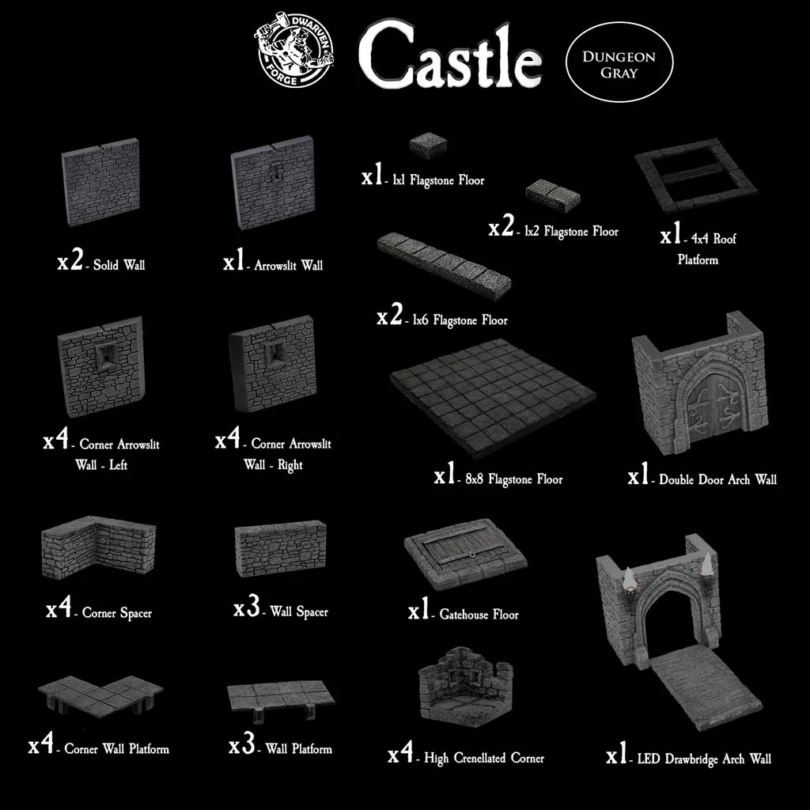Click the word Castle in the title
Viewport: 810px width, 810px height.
[450, 56]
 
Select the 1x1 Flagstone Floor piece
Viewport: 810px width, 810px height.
[428, 145]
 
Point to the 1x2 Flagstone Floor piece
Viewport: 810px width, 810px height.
[553, 194]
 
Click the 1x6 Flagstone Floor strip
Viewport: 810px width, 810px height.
[443, 264]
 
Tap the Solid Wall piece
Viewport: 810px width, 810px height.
[100, 182]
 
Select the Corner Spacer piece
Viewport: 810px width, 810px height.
[99, 547]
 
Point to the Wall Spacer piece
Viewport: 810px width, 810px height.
[281, 547]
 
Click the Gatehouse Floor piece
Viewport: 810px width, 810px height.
[465, 554]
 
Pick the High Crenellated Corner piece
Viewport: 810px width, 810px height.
[466, 685]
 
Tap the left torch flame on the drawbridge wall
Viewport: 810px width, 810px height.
[629, 579]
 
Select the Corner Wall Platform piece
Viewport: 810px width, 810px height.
[100, 693]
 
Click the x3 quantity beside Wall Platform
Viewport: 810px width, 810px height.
[242, 744]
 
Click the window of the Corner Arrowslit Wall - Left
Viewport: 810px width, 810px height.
[108, 355]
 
